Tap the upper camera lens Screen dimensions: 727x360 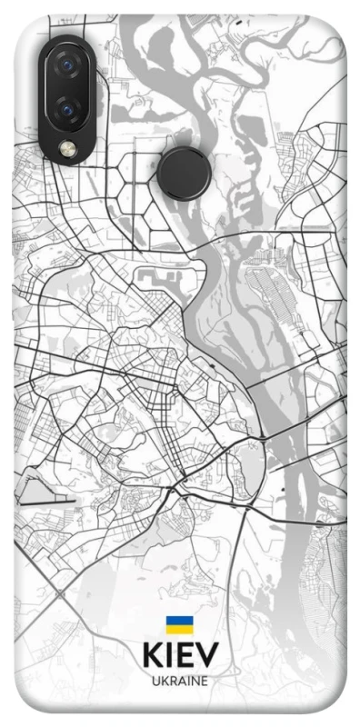pyautogui.click(x=65, y=65)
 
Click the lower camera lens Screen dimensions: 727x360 pyautogui.click(x=65, y=110)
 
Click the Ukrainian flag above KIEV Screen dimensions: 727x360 pyautogui.click(x=179, y=625)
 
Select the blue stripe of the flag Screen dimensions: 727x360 pyautogui.click(x=179, y=622)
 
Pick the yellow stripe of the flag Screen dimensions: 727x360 pyautogui.click(x=179, y=629)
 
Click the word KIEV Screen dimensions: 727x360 pyautogui.click(x=180, y=656)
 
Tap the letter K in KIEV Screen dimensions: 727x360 pyautogui.click(x=151, y=656)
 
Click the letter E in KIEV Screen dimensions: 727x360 pyautogui.click(x=185, y=656)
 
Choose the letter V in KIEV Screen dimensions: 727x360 pyautogui.click(x=207, y=656)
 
